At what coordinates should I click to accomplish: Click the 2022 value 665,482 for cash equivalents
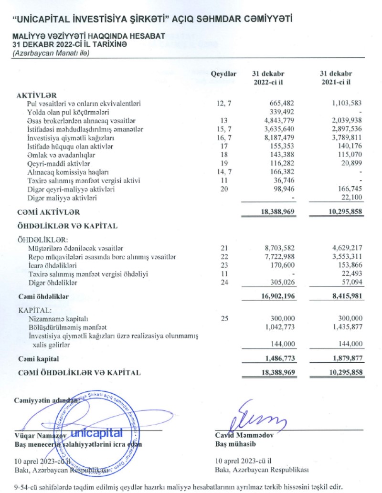[282, 104]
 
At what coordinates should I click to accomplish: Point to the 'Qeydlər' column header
[224, 74]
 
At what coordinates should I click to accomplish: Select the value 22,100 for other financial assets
[351, 198]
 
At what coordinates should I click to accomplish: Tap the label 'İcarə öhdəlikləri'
[53, 265]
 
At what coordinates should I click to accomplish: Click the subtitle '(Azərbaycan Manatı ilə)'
[51, 53]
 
